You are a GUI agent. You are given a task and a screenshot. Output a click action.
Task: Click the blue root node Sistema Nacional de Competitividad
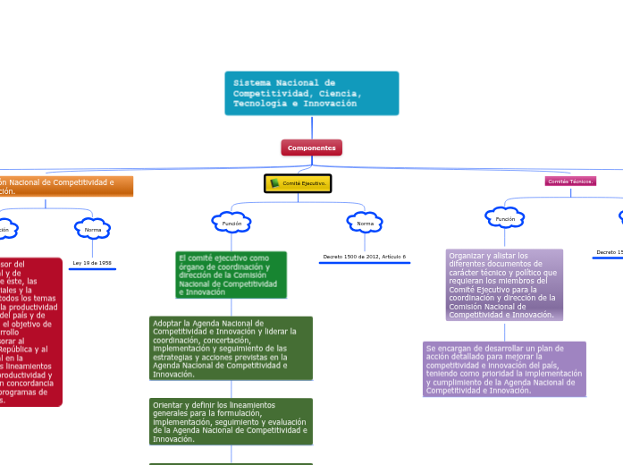[311, 93]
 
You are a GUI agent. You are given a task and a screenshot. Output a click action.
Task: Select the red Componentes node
[311, 148]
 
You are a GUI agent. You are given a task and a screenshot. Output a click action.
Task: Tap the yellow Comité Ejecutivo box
[298, 183]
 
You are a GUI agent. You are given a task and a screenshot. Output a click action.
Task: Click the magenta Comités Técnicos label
[570, 181]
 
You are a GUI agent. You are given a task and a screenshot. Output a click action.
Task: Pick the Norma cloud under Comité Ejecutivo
[365, 223]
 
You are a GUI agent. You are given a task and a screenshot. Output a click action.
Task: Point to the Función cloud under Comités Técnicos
[505, 218]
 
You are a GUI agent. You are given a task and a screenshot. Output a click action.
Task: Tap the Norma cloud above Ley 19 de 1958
[92, 230]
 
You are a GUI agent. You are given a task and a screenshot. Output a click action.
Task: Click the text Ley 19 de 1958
[92, 263]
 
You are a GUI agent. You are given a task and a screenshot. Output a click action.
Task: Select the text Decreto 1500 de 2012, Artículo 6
[364, 257]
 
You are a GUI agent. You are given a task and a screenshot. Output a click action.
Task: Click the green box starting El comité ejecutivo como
[232, 275]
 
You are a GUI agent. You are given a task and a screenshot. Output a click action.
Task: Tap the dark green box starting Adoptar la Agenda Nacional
[232, 348]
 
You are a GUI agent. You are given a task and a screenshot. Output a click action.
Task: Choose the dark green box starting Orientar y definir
[232, 421]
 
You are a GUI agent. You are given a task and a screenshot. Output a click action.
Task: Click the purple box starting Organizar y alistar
[504, 284]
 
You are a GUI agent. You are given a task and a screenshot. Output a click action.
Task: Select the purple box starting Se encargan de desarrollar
[504, 368]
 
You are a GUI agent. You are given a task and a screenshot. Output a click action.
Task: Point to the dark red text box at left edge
[30, 332]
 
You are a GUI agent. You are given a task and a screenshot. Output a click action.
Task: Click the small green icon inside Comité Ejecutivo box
[274, 183]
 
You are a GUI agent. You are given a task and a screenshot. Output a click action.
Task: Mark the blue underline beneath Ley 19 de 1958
[92, 268]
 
